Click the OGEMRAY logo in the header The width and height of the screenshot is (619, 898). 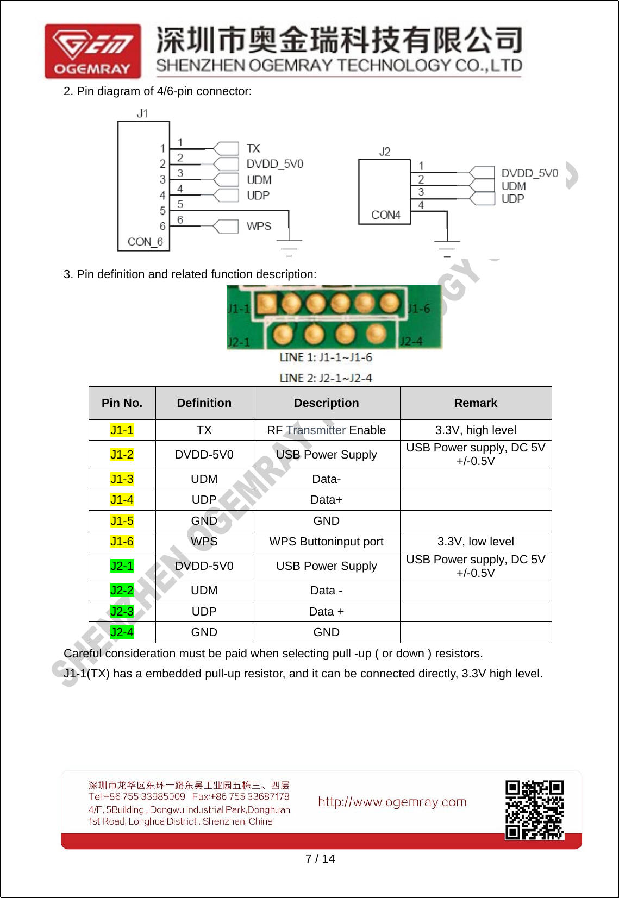click(x=93, y=51)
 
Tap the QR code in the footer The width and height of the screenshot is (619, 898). click(x=534, y=810)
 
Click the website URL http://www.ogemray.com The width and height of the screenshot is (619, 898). click(x=392, y=802)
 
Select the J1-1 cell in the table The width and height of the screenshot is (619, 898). click(x=122, y=430)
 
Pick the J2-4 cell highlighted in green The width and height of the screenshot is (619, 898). click(x=122, y=632)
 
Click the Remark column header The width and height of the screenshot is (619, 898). click(x=476, y=403)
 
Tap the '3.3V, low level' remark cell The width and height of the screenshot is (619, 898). click(x=476, y=542)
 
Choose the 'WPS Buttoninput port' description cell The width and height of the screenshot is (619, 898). click(x=326, y=542)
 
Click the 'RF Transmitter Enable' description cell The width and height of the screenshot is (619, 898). click(x=326, y=430)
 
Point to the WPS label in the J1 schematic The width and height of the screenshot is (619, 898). click(x=259, y=226)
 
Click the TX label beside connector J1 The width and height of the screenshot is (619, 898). click(x=253, y=148)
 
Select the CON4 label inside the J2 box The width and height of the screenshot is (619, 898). click(x=385, y=215)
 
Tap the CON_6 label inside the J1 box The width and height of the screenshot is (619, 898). click(x=145, y=242)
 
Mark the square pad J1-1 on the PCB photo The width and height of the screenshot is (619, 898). click(x=266, y=303)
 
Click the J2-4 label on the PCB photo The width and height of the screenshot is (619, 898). click(x=411, y=341)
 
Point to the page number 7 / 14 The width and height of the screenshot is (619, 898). click(x=320, y=858)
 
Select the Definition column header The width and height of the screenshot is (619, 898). click(x=204, y=403)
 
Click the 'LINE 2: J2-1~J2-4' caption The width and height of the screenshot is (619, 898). click(x=326, y=378)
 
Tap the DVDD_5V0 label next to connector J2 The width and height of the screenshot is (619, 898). click(x=529, y=173)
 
